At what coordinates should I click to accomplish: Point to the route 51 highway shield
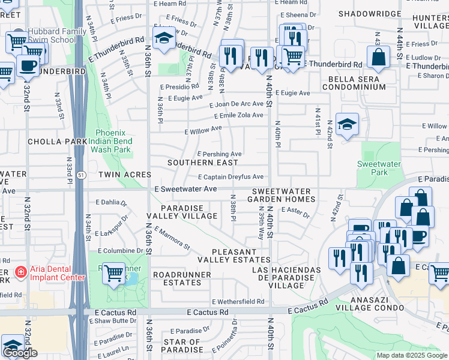click(80, 175)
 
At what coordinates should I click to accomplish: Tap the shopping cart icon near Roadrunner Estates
click(113, 274)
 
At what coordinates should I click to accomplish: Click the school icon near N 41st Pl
click(347, 125)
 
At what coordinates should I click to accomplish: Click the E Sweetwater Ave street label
click(185, 189)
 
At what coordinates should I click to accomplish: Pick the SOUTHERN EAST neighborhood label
click(198, 163)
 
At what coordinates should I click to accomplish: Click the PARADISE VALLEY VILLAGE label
click(179, 212)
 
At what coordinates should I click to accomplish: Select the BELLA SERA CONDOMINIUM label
click(354, 83)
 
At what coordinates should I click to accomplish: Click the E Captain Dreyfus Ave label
click(231, 177)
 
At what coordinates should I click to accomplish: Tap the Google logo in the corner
click(20, 353)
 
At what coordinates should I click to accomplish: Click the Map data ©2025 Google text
click(411, 355)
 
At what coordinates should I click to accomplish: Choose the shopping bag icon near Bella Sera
click(379, 58)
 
